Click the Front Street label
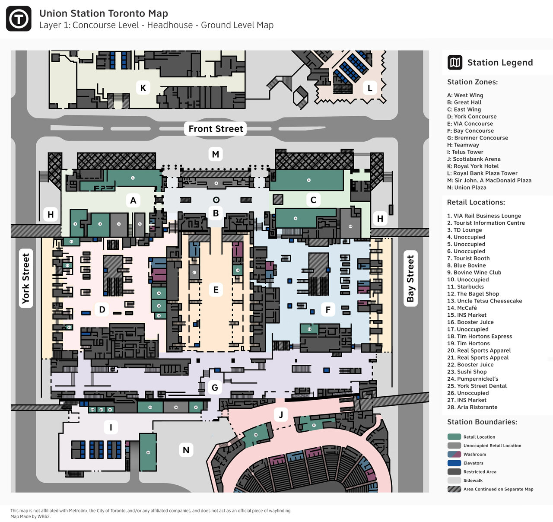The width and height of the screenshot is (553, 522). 216,129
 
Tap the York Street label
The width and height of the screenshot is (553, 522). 26,278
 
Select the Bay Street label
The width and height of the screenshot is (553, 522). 410,278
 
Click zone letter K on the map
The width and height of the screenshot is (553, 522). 143,88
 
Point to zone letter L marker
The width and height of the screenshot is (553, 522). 370,88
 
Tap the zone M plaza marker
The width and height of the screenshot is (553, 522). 216,154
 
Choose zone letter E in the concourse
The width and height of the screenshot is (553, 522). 216,290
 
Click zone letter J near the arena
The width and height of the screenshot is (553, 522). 281,415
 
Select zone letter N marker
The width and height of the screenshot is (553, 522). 186,450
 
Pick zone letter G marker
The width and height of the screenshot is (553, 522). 215,387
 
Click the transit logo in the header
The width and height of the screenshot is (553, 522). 19,19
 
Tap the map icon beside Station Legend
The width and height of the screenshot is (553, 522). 455,63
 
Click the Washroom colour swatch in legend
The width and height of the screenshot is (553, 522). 454,454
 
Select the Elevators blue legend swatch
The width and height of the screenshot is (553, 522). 454,463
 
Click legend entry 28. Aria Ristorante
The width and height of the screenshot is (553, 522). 472,407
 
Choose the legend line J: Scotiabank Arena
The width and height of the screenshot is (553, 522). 474,159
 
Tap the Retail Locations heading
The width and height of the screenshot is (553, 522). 476,202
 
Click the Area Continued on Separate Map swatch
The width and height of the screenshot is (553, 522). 454,489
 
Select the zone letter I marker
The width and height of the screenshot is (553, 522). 111,427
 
